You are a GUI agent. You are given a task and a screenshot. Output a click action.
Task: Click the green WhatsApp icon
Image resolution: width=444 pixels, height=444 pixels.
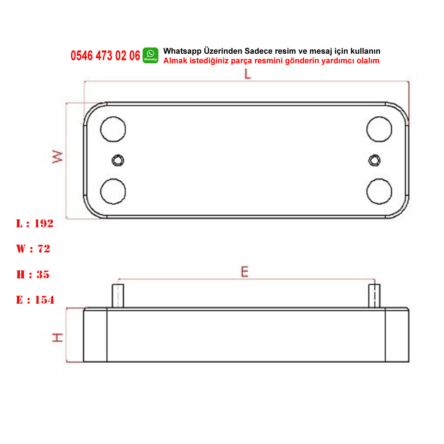(x=151, y=55)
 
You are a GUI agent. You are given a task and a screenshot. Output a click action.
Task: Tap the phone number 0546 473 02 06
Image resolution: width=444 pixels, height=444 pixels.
(x=105, y=55)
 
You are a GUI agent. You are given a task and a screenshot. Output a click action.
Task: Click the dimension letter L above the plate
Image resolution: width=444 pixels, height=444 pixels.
(x=248, y=74)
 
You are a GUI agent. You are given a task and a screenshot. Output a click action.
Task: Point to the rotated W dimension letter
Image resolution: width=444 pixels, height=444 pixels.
(x=57, y=157)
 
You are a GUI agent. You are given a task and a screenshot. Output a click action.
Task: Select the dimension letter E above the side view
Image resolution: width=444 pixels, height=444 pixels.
(x=245, y=272)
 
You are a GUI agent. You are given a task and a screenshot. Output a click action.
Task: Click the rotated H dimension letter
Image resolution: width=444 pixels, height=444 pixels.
(x=57, y=337)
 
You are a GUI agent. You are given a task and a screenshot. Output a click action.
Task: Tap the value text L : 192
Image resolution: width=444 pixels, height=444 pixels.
(x=35, y=223)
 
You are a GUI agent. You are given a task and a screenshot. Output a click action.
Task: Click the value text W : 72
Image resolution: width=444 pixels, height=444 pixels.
(x=33, y=249)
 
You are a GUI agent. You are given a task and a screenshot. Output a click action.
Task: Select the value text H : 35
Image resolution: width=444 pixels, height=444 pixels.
(x=33, y=274)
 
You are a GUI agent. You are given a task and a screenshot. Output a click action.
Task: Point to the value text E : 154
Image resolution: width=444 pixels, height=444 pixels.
(x=35, y=300)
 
